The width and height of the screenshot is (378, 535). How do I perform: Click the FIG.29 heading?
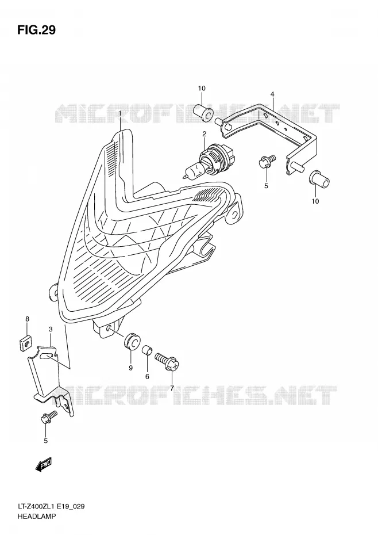[36, 30]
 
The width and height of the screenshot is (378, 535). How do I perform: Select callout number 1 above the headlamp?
[120, 113]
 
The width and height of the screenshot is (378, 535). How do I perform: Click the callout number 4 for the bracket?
[272, 94]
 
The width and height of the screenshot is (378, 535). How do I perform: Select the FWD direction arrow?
[43, 464]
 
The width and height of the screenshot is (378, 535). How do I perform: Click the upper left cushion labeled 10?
[203, 112]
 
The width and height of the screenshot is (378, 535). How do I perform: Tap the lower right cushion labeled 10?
[320, 178]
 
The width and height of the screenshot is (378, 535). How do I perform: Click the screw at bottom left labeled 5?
[49, 417]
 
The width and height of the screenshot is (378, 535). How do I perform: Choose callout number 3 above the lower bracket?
[51, 329]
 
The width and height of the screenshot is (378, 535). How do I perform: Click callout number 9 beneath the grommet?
[130, 368]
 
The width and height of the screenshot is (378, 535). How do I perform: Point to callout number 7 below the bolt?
[172, 388]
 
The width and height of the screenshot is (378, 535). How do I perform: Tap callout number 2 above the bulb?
[204, 134]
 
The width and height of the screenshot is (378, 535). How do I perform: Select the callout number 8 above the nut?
[27, 319]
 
